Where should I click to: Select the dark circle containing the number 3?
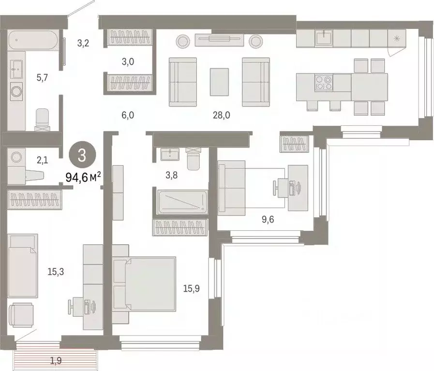pos(82,155)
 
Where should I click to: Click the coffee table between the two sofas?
pos(219,81)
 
